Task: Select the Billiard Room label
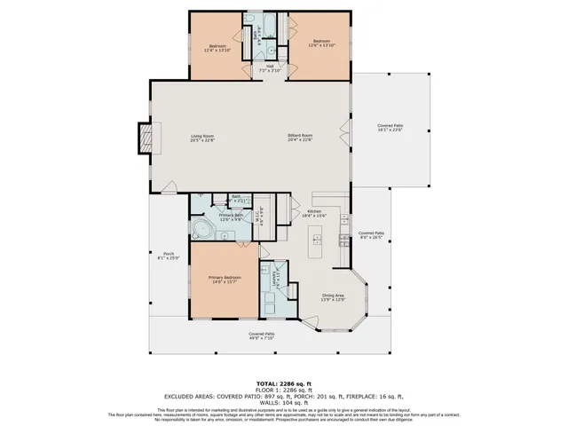pyautogui.click(x=299, y=136)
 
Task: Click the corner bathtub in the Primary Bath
pyautogui.click(x=201, y=232)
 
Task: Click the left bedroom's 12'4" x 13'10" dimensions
pyautogui.click(x=217, y=51)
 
